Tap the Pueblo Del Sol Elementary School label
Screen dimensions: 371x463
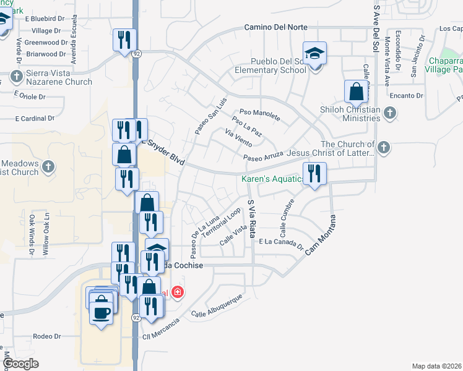[270, 66]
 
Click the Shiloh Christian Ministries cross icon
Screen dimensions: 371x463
[389, 112]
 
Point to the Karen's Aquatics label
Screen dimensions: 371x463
[271, 179]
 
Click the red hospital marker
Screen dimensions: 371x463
[178, 292]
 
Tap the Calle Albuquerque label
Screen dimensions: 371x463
[216, 308]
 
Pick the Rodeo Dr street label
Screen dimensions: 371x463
[47, 336]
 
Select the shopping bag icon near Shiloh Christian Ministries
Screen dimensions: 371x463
[356, 92]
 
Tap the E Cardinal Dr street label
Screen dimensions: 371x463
[34, 118]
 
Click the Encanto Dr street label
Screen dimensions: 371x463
[406, 96]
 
